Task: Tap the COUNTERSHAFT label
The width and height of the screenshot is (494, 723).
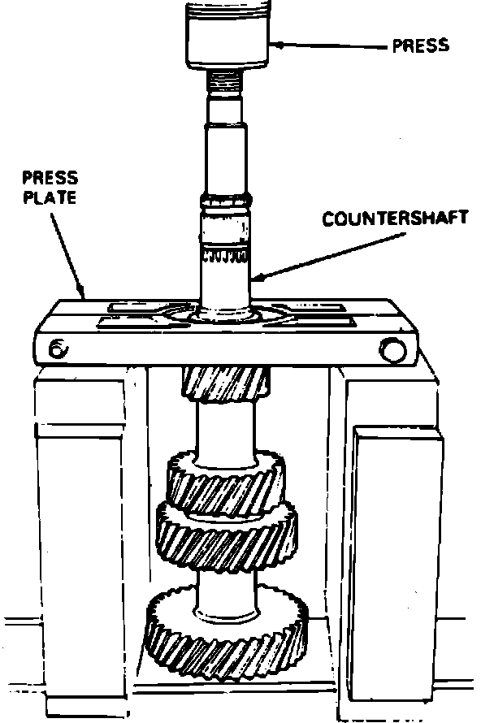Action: click(383, 220)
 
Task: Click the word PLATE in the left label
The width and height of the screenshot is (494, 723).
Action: click(50, 197)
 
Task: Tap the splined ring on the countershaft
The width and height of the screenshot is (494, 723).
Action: click(224, 258)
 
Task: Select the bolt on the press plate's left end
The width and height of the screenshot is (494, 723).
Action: click(58, 349)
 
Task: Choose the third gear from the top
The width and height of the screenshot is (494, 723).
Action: click(227, 535)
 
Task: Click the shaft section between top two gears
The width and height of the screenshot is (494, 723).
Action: click(223, 431)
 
